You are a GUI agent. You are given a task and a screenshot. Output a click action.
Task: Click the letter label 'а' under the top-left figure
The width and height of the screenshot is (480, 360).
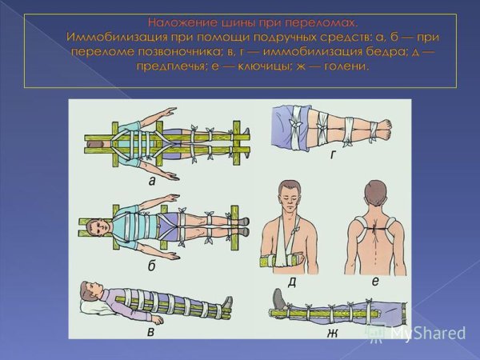tap(152, 182)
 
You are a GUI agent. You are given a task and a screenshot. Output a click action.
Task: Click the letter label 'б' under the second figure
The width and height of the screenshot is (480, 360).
tap(152, 266)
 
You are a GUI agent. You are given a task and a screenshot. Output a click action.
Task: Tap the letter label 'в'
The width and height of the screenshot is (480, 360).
tap(150, 332)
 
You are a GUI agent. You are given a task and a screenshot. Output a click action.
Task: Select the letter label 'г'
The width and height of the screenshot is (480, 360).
tap(333, 155)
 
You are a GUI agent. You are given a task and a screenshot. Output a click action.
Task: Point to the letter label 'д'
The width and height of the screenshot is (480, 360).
tap(292, 282)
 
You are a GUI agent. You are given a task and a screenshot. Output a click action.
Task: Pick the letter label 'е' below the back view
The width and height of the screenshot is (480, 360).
tap(376, 281)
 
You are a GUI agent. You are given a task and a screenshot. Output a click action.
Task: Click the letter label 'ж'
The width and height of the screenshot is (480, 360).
tap(333, 333)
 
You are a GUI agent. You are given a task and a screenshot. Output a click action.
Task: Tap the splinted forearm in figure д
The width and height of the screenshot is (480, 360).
tap(279, 261)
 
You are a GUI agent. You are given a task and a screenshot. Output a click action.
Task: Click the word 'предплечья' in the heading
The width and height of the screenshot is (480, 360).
tap(170, 66)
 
